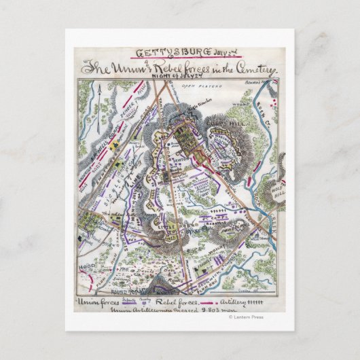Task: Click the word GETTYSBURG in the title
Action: pos(159,52)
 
